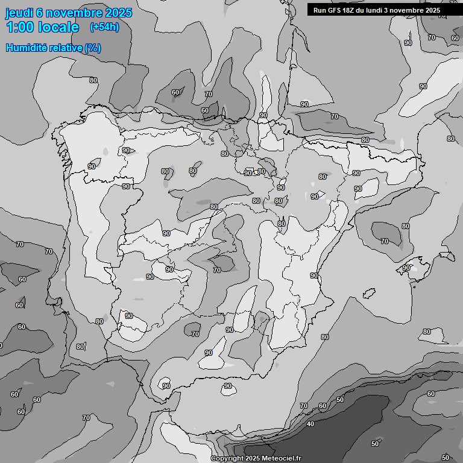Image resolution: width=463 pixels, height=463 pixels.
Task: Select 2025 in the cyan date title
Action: pos(118,13)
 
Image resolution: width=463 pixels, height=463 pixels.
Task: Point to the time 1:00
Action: pos(19,27)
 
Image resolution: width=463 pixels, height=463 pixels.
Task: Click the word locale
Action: pos(57,27)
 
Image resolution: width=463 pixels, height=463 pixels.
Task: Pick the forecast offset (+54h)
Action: pos(104,27)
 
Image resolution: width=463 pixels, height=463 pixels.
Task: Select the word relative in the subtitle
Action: pos(65,48)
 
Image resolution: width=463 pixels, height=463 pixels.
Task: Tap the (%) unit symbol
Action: pos(93,48)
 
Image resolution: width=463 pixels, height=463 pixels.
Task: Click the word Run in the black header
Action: pos(320,10)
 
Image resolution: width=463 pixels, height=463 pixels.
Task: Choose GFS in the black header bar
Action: pos(334,10)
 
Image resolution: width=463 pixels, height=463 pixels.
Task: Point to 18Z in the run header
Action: pos(350,10)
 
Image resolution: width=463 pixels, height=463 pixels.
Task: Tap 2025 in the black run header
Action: pos(432,10)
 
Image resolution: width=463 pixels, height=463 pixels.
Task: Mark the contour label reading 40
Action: pos(310,424)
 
